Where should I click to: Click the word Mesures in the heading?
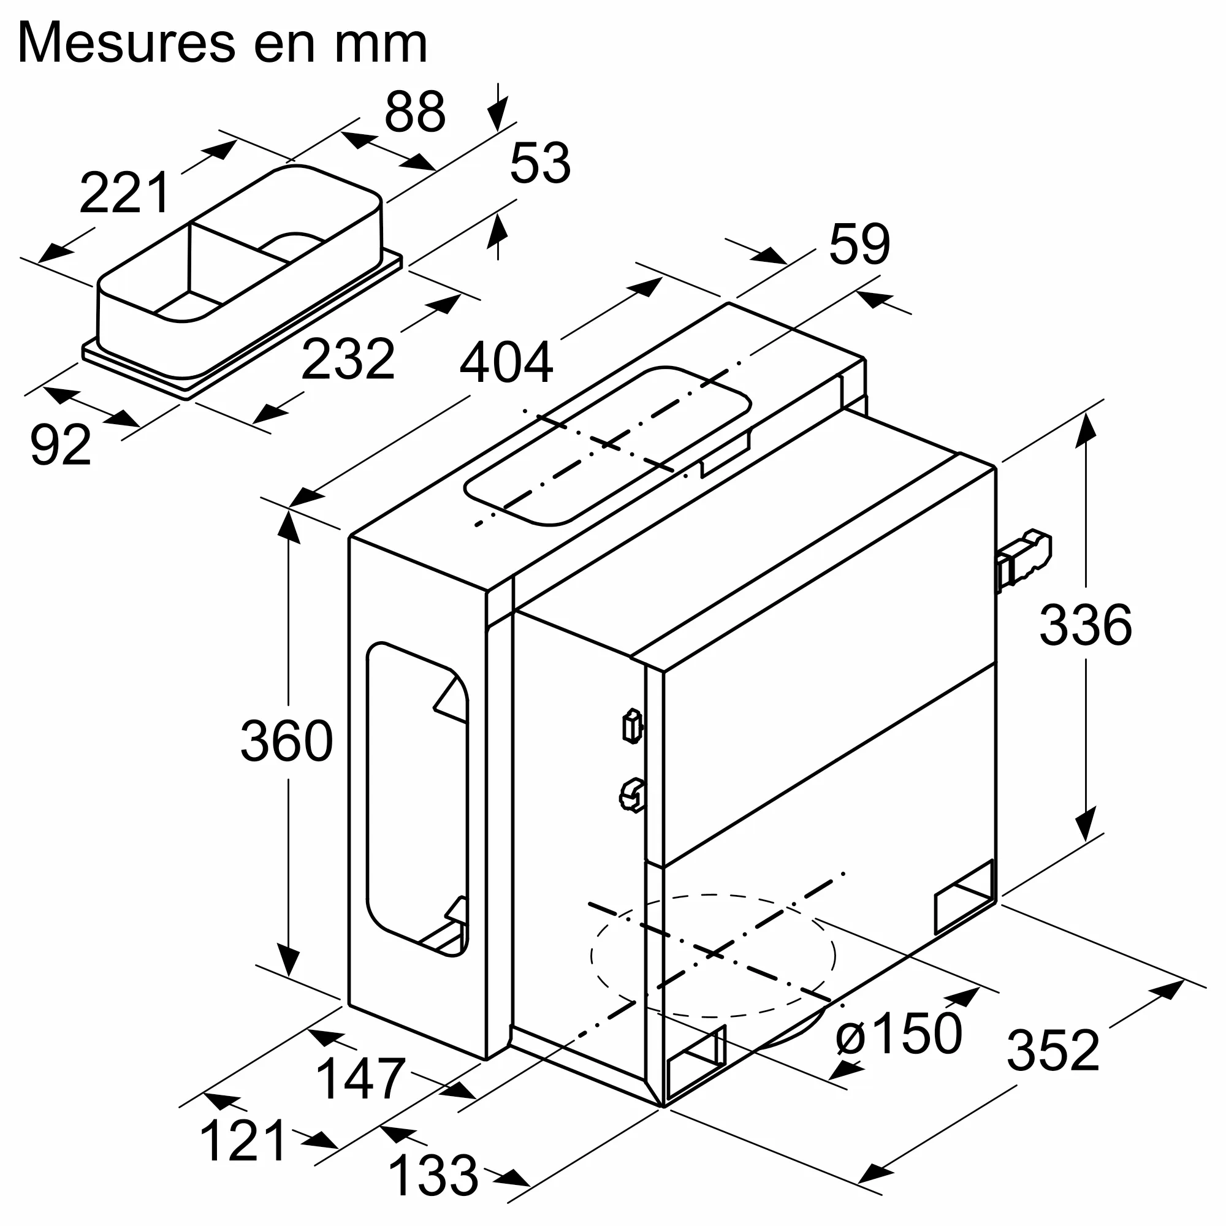tap(128, 43)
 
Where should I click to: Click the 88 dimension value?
tap(415, 112)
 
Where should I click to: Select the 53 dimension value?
tap(540, 164)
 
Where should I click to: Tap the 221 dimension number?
tap(124, 193)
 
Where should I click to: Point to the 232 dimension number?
tap(348, 360)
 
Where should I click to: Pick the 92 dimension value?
tap(60, 446)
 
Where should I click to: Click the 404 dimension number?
tap(506, 363)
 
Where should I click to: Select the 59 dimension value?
tap(859, 245)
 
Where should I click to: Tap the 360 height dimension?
tap(286, 741)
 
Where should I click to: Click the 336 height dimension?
tap(1085, 626)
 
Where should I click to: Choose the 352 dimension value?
tap(1053, 1051)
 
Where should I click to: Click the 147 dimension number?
tap(360, 1079)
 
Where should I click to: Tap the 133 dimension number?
tap(433, 1176)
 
